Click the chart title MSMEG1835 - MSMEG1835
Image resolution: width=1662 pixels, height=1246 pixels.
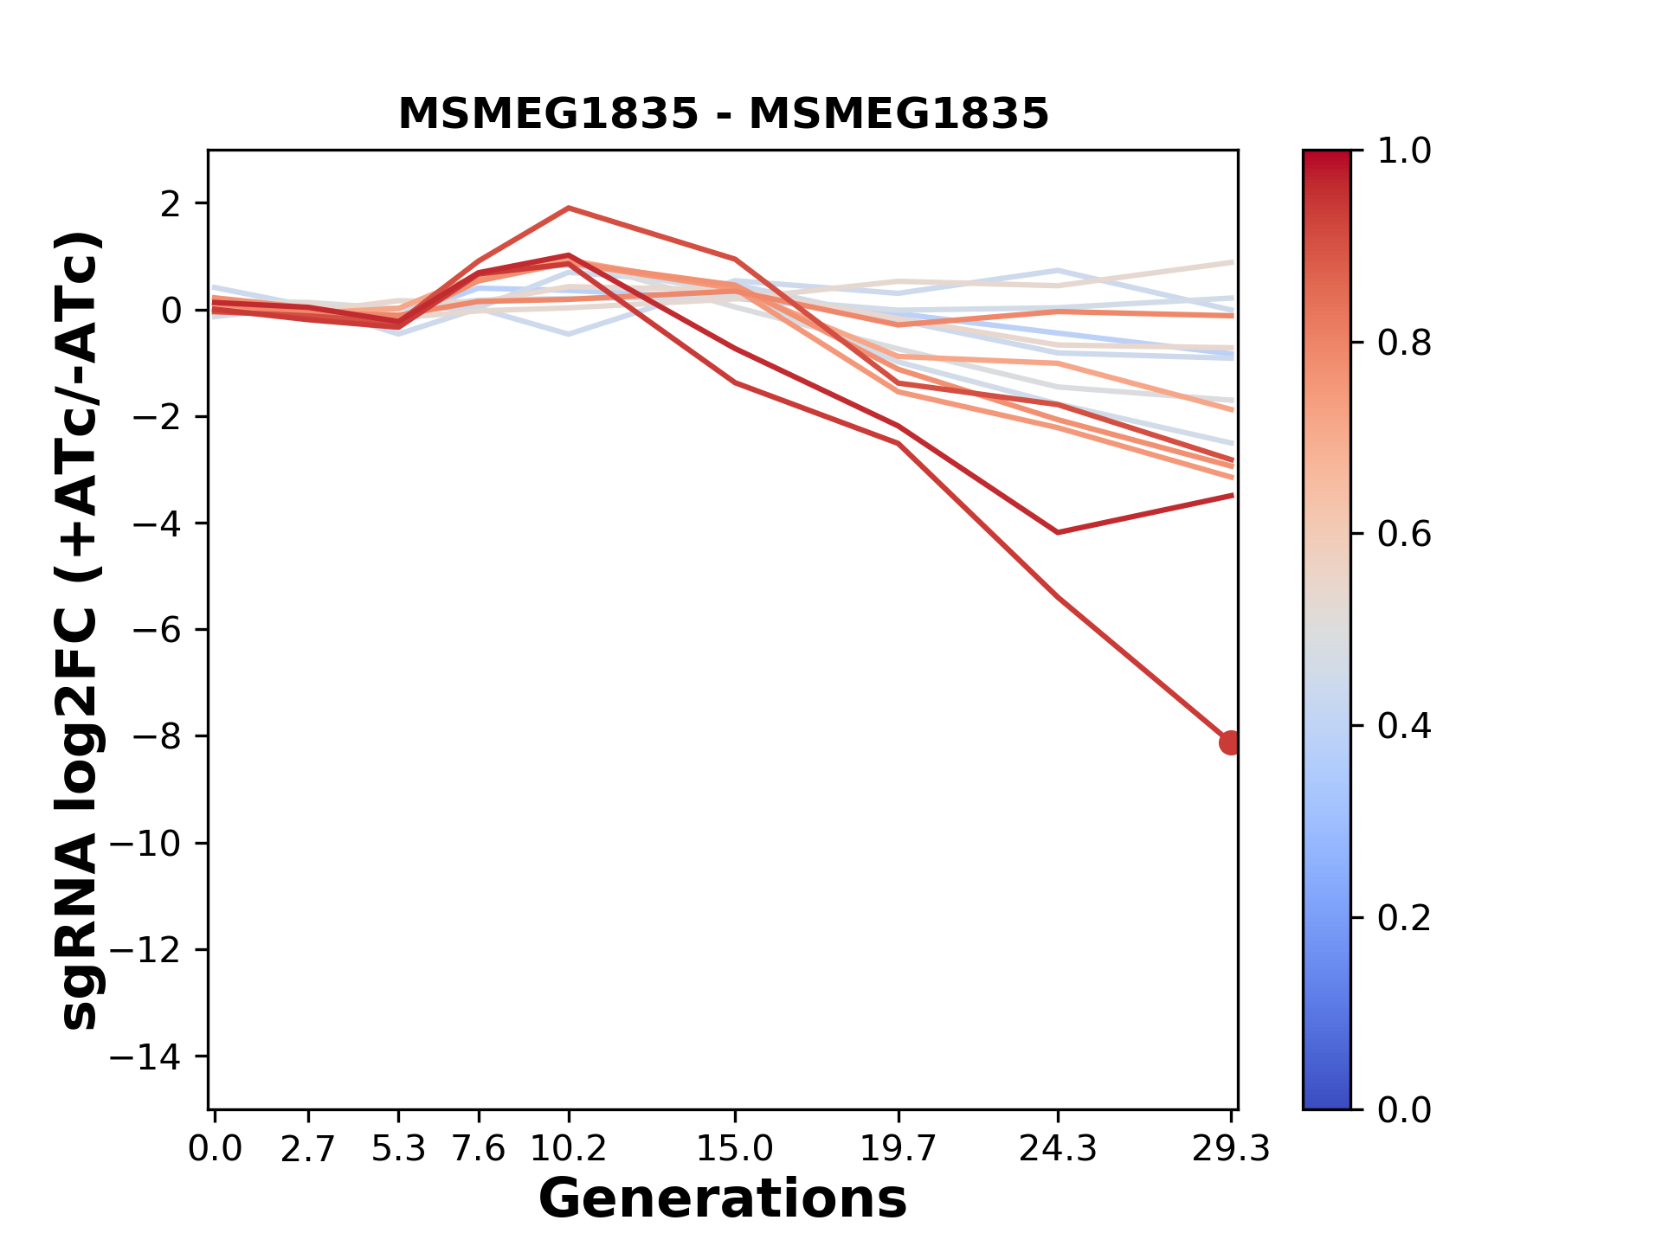point(723,114)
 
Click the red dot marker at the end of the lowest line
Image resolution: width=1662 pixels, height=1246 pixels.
point(1230,742)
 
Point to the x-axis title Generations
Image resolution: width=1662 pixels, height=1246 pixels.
point(723,1199)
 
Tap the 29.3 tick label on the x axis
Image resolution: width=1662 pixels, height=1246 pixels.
point(1231,1149)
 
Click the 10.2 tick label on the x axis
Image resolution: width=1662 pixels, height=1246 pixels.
point(568,1149)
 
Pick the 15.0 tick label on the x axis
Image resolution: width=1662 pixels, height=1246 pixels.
point(734,1149)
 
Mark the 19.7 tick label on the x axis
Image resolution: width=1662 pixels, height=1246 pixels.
point(899,1149)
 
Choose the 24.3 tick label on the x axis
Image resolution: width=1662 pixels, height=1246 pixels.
point(1058,1149)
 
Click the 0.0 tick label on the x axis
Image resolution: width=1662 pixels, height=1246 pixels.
point(215,1149)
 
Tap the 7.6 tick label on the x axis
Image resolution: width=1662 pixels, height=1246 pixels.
point(479,1149)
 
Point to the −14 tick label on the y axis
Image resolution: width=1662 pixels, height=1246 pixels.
point(156,1057)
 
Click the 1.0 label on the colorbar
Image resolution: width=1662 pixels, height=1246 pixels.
point(1404,151)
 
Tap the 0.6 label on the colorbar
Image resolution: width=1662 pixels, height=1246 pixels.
point(1404,535)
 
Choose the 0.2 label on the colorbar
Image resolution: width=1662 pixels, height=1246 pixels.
point(1404,918)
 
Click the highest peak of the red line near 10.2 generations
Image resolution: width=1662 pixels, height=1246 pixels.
point(568,208)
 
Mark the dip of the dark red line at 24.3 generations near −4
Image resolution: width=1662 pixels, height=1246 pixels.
point(1058,532)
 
